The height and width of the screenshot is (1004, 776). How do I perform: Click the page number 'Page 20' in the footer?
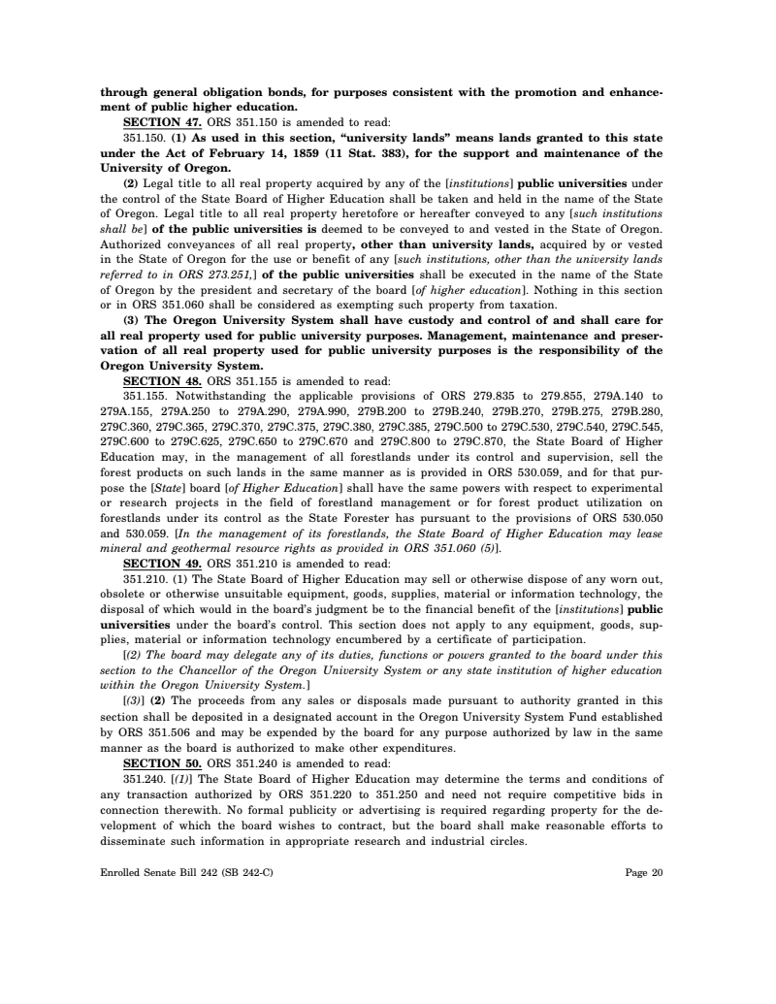pyautogui.click(x=644, y=873)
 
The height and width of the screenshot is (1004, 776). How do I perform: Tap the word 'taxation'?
pyautogui.click(x=530, y=306)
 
